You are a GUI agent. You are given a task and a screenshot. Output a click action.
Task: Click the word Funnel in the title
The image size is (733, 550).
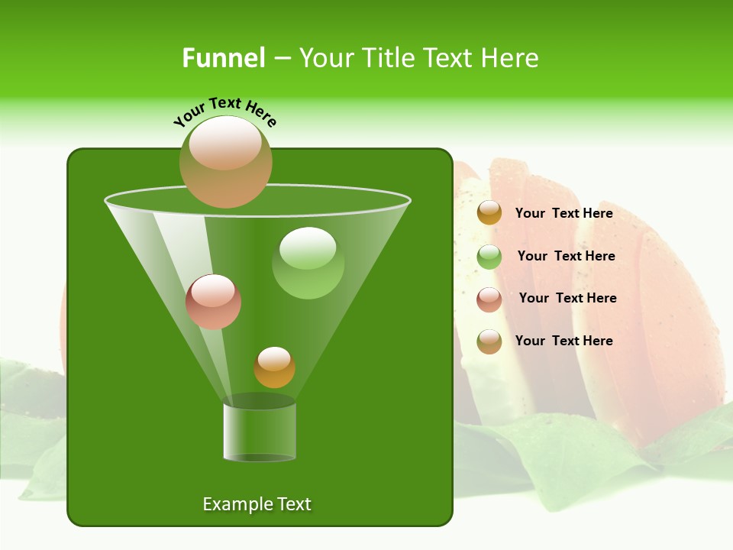coord(223,58)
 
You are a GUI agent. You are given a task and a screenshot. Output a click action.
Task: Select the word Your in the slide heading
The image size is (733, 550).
coord(327,58)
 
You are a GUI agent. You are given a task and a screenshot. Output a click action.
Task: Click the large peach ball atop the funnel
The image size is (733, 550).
coord(225,162)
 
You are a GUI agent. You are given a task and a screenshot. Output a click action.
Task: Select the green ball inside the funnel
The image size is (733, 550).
coord(308,263)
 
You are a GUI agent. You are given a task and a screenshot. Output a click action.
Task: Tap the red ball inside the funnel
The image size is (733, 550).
coord(213,302)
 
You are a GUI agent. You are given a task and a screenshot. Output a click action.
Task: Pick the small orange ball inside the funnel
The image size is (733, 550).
coord(274,367)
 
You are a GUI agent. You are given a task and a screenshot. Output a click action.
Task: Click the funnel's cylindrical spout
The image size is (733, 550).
coord(260,432)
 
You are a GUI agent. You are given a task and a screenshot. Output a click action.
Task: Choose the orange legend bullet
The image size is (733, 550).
coord(489,213)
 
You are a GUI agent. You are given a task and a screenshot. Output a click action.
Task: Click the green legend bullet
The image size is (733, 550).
coord(489,257)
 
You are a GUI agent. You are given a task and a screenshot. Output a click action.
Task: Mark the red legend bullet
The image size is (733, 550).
coord(489,299)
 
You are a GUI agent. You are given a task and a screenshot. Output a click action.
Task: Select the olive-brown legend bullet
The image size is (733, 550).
coord(489,341)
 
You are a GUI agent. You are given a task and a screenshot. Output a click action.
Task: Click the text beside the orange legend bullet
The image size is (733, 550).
coord(563,213)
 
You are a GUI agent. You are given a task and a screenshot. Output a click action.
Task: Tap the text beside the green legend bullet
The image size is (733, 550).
coord(566,256)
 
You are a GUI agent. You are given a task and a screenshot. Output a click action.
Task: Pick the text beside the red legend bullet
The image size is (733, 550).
coord(567,298)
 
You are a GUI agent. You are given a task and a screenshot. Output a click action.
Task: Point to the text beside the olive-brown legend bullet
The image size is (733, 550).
coord(563,341)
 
